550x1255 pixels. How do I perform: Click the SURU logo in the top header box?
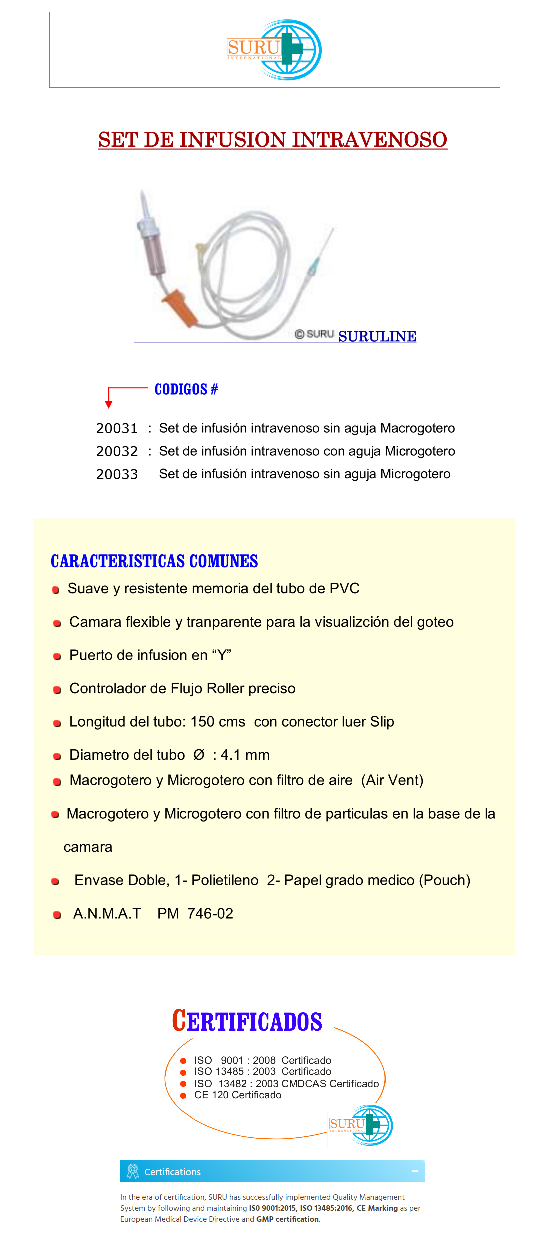tap(274, 50)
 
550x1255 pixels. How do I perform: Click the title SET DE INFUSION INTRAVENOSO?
tap(272, 140)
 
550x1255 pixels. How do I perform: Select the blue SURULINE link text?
tap(377, 337)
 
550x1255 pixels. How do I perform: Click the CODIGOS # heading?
tap(186, 389)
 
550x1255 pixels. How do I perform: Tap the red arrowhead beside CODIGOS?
tap(109, 404)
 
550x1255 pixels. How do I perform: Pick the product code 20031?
tap(117, 429)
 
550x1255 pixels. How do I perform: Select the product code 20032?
tap(117, 452)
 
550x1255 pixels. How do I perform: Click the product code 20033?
tap(117, 475)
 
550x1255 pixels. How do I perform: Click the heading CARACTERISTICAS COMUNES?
tap(154, 561)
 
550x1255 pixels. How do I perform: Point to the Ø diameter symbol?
tap(199, 755)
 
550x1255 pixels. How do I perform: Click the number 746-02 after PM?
tap(210, 914)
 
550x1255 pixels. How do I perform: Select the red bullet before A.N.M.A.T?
tap(57, 915)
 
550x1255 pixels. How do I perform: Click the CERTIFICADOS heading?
tap(247, 1021)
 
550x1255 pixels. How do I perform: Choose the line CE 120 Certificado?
tap(237, 1095)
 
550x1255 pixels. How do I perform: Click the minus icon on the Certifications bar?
tap(415, 1171)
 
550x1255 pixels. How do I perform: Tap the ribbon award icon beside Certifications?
tap(133, 1171)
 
